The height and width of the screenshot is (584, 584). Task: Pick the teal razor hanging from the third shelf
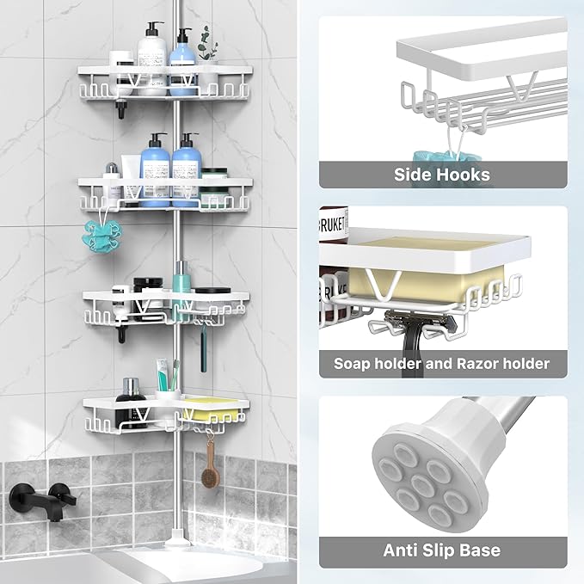click(204, 353)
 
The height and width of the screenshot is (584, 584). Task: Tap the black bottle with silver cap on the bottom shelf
click(132, 390)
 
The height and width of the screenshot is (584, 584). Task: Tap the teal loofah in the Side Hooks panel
click(433, 157)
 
